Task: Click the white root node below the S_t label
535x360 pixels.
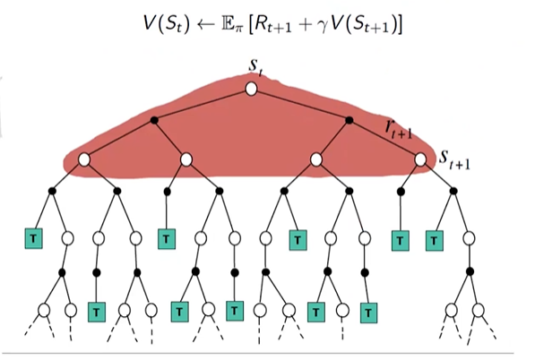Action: point(252,89)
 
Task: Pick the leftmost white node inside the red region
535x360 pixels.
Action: point(84,159)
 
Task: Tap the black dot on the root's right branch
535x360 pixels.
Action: point(353,120)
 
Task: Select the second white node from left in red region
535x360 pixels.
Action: point(187,159)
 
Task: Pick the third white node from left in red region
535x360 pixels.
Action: point(316,159)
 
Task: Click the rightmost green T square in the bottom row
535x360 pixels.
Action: point(367,313)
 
